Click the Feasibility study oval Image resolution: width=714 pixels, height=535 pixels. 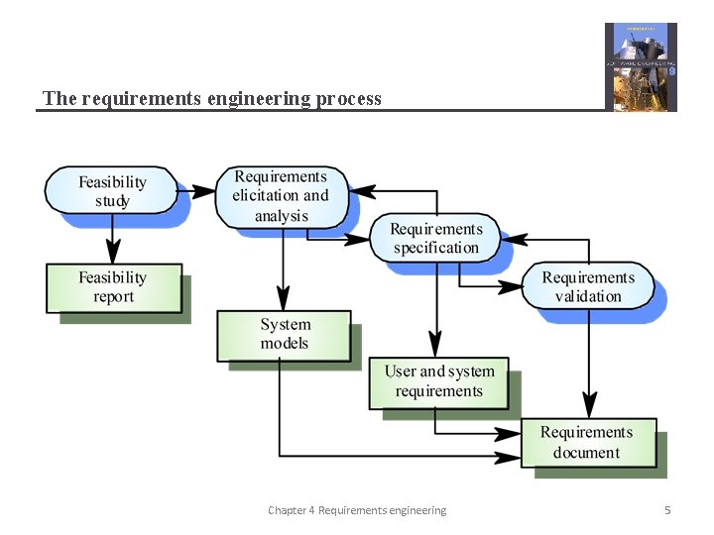tap(112, 191)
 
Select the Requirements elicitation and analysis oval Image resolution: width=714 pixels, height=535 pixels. tap(281, 196)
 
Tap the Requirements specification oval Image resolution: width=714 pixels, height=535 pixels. tap(435, 239)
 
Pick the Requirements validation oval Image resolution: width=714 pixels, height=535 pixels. tap(588, 286)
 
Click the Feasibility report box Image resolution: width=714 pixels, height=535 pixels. tap(113, 287)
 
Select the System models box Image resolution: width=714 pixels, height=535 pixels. tap(285, 335)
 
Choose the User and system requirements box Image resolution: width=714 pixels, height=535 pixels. tap(438, 381)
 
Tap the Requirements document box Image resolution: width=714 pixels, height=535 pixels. tap(588, 443)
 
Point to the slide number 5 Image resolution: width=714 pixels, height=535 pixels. tap(667, 510)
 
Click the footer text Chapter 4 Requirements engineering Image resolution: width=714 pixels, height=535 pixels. tap(357, 510)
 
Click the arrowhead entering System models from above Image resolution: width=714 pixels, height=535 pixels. tap(284, 299)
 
